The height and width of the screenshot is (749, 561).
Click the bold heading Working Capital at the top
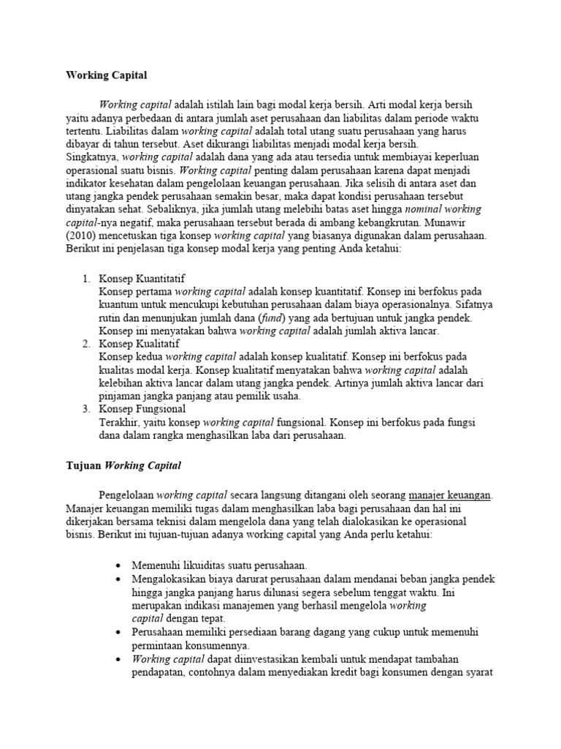(107, 75)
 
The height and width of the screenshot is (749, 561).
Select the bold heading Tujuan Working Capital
(123, 465)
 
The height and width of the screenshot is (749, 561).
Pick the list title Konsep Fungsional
(141, 409)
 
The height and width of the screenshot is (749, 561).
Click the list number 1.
(85, 278)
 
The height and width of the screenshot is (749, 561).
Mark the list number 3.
(85, 409)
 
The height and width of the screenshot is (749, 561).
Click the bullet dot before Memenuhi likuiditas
(119, 566)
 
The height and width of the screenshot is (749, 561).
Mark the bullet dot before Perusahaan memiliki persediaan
(119, 632)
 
